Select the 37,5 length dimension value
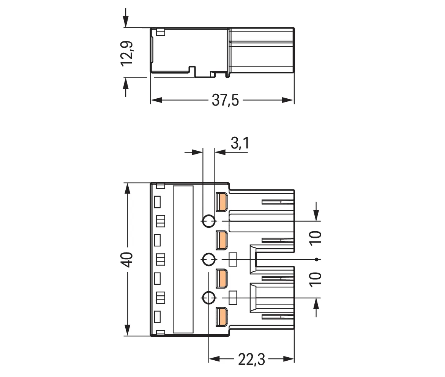tap(226, 101)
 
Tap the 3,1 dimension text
tap(240, 143)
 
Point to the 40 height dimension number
tap(128, 259)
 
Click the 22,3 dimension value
tap(251, 360)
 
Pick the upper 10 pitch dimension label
tap(316, 238)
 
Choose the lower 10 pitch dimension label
tap(316, 279)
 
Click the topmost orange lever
tap(221, 202)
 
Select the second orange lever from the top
tap(221, 240)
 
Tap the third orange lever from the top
tap(221, 278)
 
